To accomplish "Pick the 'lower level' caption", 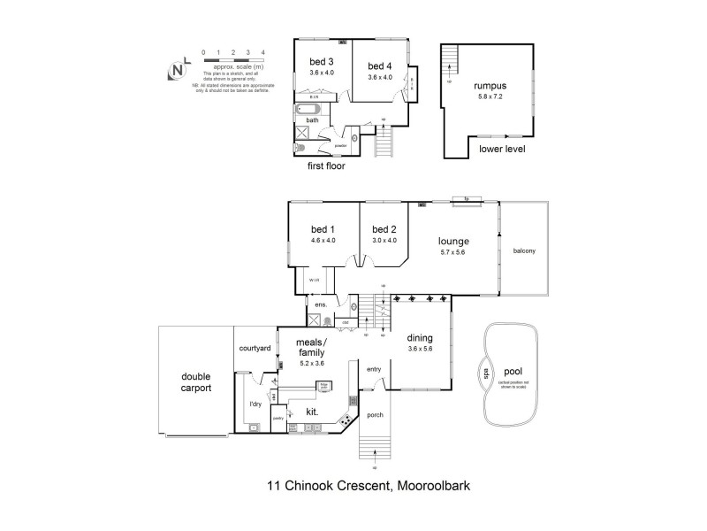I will [x=502, y=150].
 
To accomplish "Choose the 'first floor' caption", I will [x=326, y=165].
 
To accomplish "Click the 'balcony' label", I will [x=524, y=250].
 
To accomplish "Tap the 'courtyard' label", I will [x=255, y=349].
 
